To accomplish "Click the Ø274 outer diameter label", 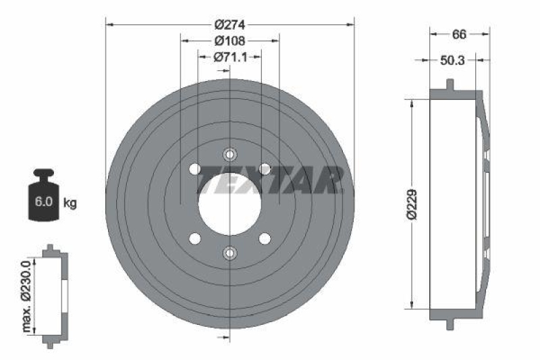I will click(x=230, y=24).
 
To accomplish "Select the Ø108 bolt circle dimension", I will click(x=230, y=41).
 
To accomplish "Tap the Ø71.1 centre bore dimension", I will click(x=230, y=57).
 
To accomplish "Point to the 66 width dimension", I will click(x=460, y=33).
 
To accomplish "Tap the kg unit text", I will click(x=70, y=202).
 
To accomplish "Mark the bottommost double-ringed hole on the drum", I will click(x=230, y=253).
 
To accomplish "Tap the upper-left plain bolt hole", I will click(x=195, y=168).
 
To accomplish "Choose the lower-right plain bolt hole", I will click(x=265, y=238).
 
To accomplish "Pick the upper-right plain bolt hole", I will click(x=265, y=168).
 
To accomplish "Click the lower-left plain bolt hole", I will click(x=195, y=238).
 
